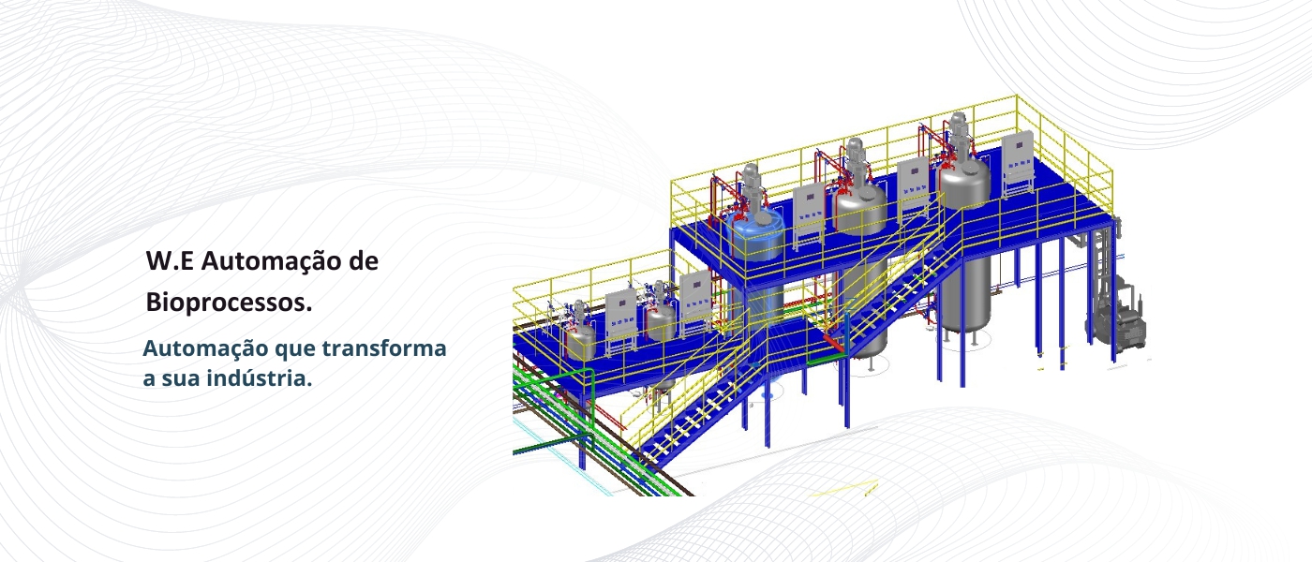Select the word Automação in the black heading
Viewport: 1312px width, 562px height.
273,261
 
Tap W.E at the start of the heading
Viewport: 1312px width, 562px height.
170,261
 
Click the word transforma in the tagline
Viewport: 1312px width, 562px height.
383,348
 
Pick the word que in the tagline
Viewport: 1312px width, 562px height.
294,350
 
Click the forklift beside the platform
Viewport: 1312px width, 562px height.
1117,317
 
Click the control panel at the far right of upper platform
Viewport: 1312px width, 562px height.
1018,163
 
